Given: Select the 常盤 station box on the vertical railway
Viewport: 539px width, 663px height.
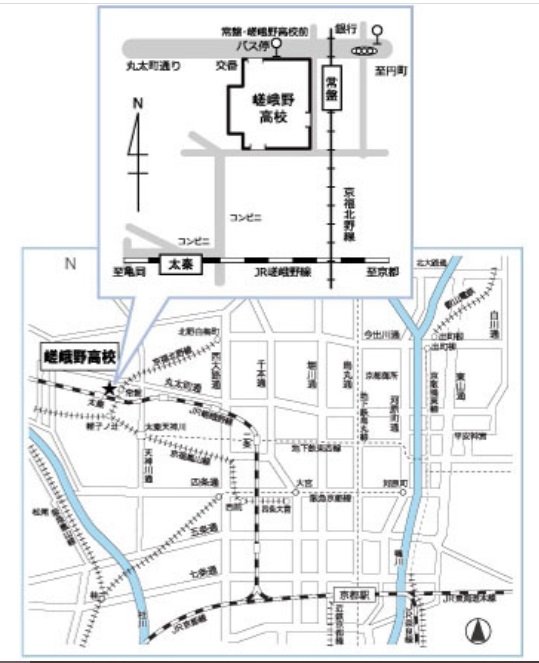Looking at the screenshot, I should click(x=331, y=89).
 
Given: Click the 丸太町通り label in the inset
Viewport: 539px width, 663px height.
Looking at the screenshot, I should click(x=154, y=67).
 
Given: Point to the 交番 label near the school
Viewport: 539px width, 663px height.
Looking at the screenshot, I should click(x=226, y=66).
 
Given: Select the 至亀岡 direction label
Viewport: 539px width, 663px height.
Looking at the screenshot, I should click(x=130, y=272).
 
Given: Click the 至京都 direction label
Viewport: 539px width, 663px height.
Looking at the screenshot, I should click(x=382, y=272).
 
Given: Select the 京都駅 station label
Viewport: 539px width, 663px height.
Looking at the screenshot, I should click(x=343, y=593).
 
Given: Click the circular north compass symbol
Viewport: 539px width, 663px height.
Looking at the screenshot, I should click(x=478, y=630).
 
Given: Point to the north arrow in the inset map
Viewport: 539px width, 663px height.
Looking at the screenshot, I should click(x=138, y=150).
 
